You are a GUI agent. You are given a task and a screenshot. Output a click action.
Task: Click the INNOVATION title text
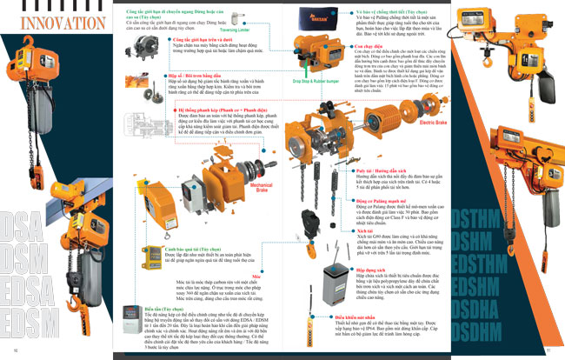56,20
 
